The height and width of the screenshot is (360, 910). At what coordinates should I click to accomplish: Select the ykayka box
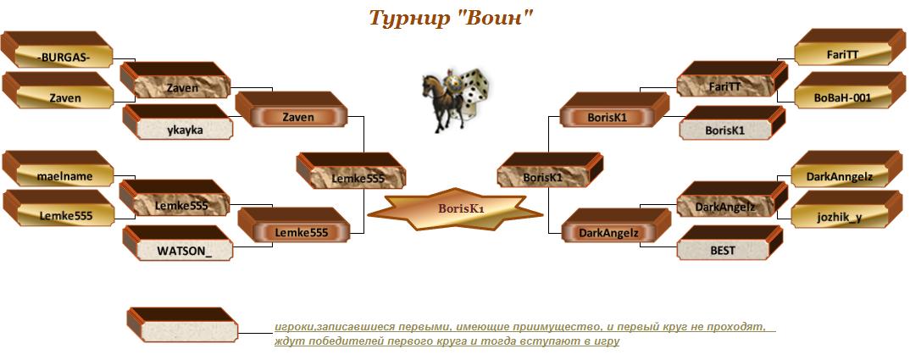click(x=178, y=122)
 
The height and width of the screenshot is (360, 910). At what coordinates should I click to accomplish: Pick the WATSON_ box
click(x=178, y=243)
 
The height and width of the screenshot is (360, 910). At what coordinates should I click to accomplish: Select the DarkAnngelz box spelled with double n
click(x=846, y=169)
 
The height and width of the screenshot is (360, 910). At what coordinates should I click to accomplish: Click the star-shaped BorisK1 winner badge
click(x=456, y=209)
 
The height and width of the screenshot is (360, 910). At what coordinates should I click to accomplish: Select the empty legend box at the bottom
click(x=182, y=324)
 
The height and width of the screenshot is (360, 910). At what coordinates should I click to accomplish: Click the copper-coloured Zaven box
click(x=291, y=109)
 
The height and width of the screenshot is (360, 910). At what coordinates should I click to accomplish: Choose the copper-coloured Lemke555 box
click(x=294, y=224)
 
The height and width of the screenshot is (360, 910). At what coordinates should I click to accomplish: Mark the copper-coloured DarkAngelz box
click(x=616, y=225)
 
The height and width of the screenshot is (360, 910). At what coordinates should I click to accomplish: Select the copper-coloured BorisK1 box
click(x=614, y=109)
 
